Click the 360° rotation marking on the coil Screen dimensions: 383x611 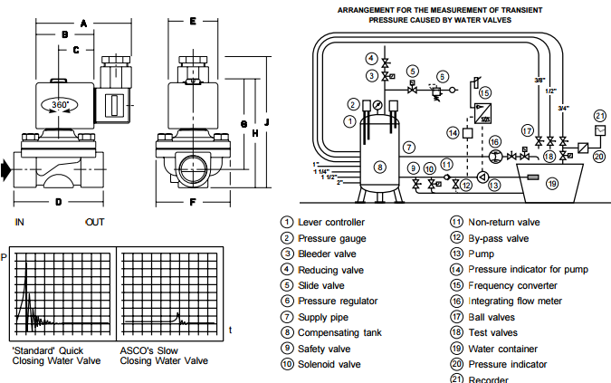[60, 105]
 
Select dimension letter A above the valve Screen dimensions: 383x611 [82, 22]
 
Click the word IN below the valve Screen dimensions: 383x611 [20, 222]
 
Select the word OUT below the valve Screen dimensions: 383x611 [95, 222]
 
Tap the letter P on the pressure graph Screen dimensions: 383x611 [5, 257]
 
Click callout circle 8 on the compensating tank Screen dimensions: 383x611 [380, 167]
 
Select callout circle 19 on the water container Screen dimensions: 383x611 [552, 184]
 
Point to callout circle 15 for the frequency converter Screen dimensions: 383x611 [484, 92]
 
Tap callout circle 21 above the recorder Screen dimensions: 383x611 [599, 115]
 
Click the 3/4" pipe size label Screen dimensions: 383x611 [564, 109]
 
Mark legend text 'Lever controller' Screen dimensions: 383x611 [331, 222]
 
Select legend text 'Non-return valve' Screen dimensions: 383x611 [503, 222]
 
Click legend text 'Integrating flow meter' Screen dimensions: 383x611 [515, 301]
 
